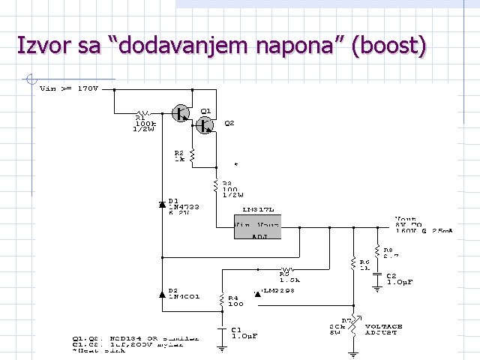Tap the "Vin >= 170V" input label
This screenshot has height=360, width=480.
click(x=68, y=89)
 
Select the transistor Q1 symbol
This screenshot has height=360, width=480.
click(x=181, y=113)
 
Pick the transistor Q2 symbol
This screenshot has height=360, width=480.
click(x=205, y=126)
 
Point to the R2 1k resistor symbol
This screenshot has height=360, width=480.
click(x=192, y=155)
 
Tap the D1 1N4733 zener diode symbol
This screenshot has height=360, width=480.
click(x=163, y=204)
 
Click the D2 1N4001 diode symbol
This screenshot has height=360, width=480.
click(x=163, y=293)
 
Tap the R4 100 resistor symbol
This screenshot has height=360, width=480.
click(x=222, y=300)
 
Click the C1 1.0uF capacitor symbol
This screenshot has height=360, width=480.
click(x=222, y=330)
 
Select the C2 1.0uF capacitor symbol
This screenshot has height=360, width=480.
click(x=378, y=277)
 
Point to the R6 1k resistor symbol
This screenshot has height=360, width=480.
click(x=352, y=263)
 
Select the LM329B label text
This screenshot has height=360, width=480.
click(x=277, y=289)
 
